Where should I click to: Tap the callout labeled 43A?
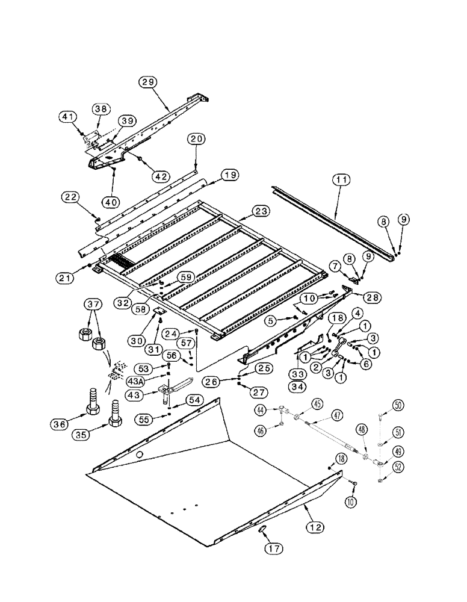(137, 382)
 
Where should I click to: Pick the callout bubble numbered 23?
(261, 211)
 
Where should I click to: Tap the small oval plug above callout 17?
(263, 529)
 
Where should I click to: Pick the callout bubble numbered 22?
(70, 197)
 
